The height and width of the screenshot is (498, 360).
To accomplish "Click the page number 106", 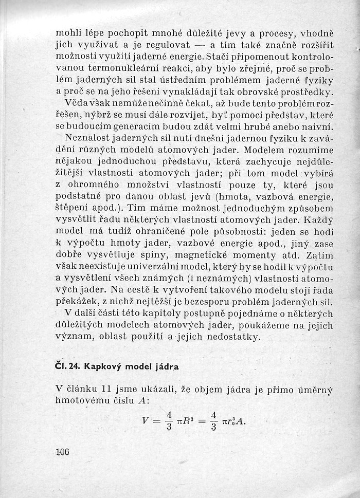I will (x=62, y=452).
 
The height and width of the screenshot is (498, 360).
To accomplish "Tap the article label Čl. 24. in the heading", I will (x=67, y=366).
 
